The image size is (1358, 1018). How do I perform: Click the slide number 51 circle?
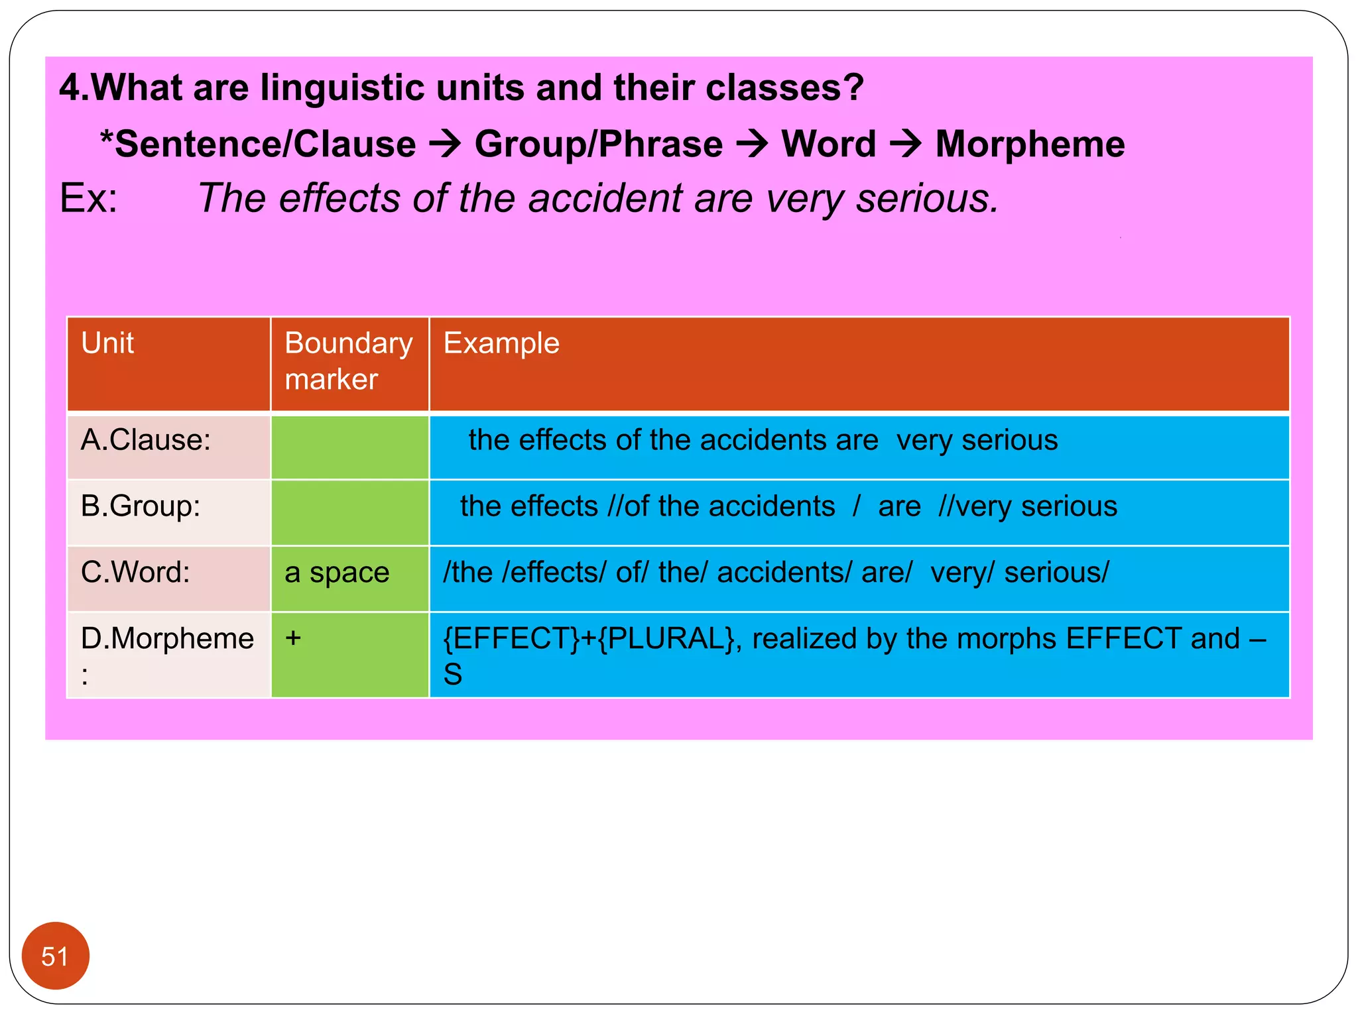(x=55, y=956)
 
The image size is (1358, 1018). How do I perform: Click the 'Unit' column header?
(x=107, y=343)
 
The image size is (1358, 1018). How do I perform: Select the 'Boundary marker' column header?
(x=348, y=361)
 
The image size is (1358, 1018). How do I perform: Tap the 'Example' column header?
(x=501, y=343)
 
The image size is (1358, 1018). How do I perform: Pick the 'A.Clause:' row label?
(x=146, y=440)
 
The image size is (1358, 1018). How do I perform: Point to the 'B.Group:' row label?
(x=141, y=506)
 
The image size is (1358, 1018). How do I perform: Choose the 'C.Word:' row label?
(x=135, y=572)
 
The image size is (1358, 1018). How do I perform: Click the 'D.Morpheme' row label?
(x=167, y=639)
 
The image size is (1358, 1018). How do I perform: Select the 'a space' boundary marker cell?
(x=337, y=573)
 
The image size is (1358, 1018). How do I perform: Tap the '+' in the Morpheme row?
(x=293, y=638)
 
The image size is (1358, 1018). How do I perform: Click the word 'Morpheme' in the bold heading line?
(x=1030, y=144)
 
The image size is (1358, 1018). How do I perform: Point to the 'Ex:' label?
(x=89, y=198)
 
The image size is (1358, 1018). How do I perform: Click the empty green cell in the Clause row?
(x=349, y=447)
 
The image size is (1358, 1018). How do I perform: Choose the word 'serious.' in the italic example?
(x=927, y=198)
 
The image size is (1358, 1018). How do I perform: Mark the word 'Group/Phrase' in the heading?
(x=599, y=144)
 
